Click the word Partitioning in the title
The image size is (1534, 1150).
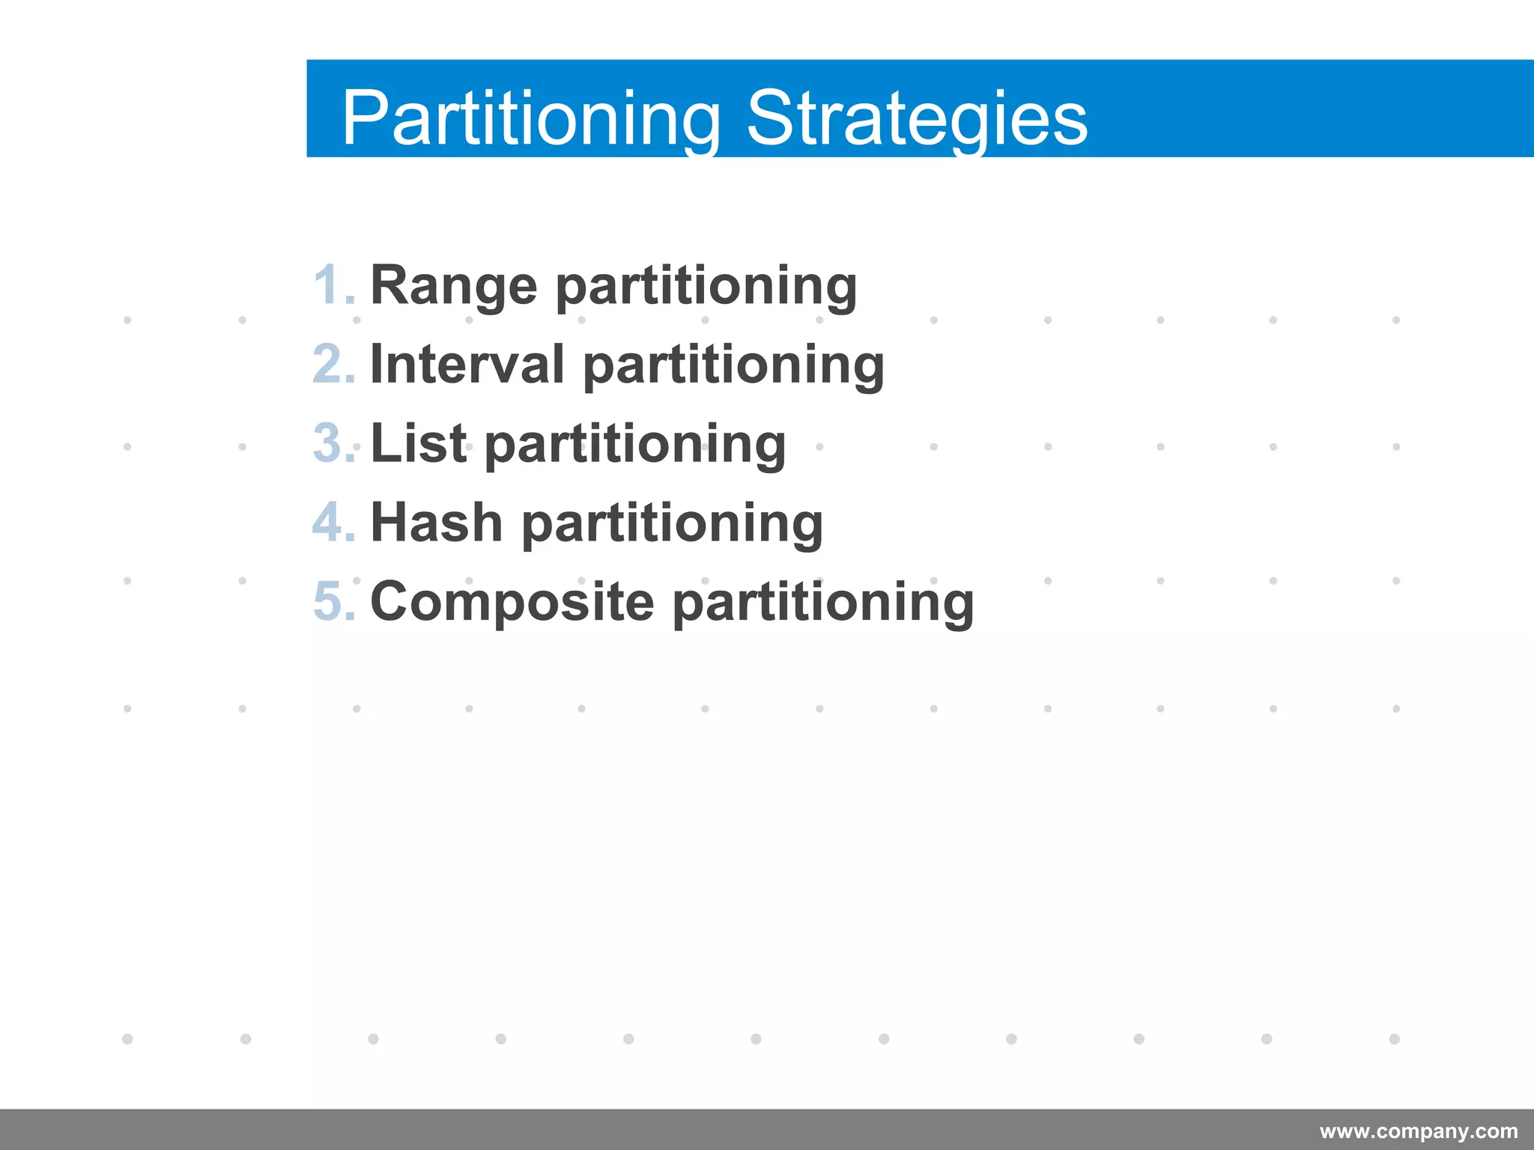pos(531,118)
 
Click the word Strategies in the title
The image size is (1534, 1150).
pos(917,118)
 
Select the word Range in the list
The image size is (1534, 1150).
pos(454,286)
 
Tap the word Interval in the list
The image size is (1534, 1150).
pos(467,365)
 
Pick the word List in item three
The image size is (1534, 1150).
pos(419,443)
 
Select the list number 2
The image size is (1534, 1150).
pos(332,365)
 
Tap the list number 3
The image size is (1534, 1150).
pos(332,443)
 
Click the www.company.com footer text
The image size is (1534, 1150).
pos(1418,1131)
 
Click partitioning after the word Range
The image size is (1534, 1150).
pos(706,287)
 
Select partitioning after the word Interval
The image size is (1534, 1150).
pos(733,367)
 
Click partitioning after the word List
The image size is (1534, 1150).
pos(635,445)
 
